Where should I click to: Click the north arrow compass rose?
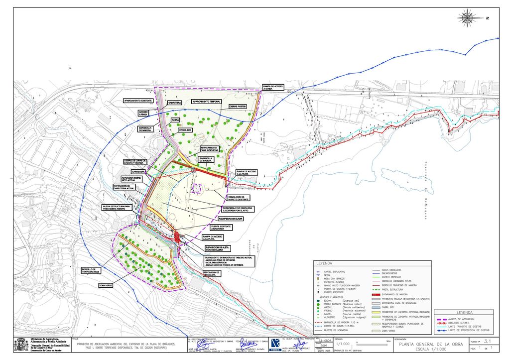(468, 18)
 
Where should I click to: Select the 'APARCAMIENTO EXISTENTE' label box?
(138, 101)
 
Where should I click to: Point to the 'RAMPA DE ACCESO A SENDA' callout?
(273, 88)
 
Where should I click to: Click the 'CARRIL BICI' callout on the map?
(186, 130)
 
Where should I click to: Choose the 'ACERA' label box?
(175, 120)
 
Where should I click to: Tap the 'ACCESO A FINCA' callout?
(143, 113)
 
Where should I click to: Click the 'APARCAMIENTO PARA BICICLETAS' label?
(209, 149)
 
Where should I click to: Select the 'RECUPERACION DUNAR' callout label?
(233, 219)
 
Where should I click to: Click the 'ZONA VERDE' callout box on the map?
(106, 285)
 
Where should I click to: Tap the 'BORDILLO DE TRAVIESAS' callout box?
(91, 270)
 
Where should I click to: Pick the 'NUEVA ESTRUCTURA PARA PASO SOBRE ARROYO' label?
(116, 207)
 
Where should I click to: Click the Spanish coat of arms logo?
(21, 345)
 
